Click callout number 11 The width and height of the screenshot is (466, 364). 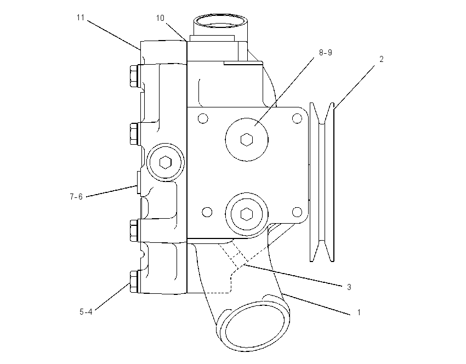pyautogui.click(x=81, y=18)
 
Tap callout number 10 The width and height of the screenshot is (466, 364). pyautogui.click(x=160, y=18)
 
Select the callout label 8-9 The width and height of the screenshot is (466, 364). pyautogui.click(x=326, y=53)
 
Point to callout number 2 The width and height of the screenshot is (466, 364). pyautogui.click(x=382, y=59)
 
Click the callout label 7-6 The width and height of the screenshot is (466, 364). pyautogui.click(x=76, y=197)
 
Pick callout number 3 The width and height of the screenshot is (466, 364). pyautogui.click(x=349, y=287)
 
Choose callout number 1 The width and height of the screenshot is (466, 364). pyautogui.click(x=359, y=312)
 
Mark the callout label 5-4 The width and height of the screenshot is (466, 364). pyautogui.click(x=86, y=312)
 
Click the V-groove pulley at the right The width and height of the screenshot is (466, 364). pyautogui.click(x=322, y=182)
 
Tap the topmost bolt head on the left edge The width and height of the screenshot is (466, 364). pyautogui.click(x=134, y=76)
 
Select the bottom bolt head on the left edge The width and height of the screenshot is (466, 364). pyautogui.click(x=134, y=281)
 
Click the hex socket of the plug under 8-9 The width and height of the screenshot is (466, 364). pyautogui.click(x=246, y=140)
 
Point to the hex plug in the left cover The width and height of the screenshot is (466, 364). pyautogui.click(x=165, y=162)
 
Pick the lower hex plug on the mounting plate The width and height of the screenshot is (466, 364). pyautogui.click(x=246, y=214)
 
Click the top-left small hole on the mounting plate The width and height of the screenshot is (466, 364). pyautogui.click(x=203, y=118)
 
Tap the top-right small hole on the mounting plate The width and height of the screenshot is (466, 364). pyautogui.click(x=297, y=118)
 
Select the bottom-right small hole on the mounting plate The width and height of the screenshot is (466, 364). pyautogui.click(x=297, y=212)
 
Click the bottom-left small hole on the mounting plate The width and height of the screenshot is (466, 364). pyautogui.click(x=207, y=212)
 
